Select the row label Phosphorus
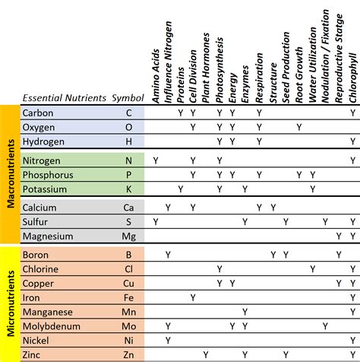click(x=48, y=174)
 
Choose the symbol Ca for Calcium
click(x=128, y=208)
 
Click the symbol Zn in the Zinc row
click(x=128, y=355)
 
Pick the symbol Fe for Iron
click(x=128, y=297)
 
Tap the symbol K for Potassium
click(x=128, y=189)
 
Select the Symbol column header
click(x=127, y=98)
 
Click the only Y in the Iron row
click(x=193, y=297)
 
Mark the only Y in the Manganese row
click(x=245, y=312)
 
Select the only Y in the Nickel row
click(x=167, y=341)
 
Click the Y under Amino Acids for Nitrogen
click(x=155, y=160)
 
